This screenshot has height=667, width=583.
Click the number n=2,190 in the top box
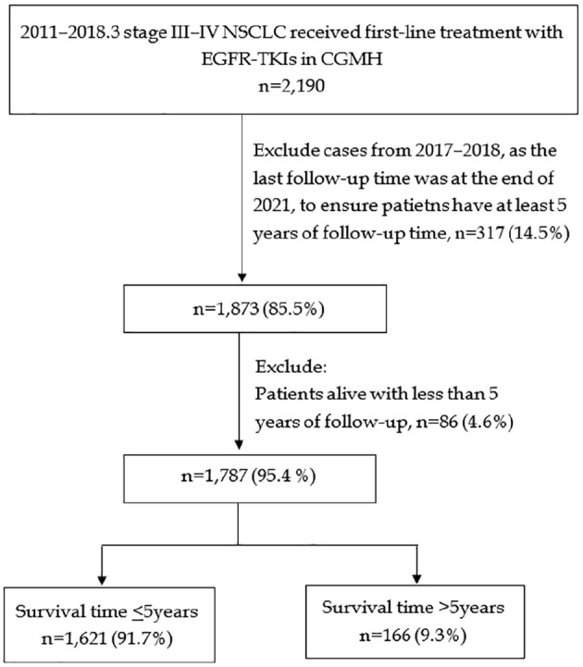(x=291, y=85)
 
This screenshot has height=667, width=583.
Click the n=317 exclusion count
(x=479, y=233)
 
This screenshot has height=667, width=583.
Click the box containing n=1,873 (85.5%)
(x=254, y=308)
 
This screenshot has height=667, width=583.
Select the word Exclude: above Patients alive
(x=291, y=366)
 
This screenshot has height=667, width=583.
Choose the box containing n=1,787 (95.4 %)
(x=250, y=478)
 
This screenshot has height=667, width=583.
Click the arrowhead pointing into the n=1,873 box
(x=242, y=278)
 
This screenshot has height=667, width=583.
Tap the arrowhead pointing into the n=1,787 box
(x=239, y=445)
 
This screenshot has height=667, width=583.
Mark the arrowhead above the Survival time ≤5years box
(x=102, y=579)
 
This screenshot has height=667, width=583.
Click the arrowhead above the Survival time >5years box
(x=417, y=578)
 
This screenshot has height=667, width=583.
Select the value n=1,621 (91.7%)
(x=106, y=639)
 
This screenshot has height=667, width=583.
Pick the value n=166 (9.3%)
(x=413, y=636)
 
